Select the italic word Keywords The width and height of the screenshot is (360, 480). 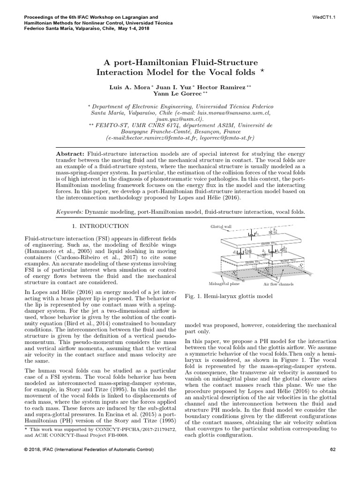click(69, 212)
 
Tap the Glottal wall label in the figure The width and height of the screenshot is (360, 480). click(221, 226)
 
